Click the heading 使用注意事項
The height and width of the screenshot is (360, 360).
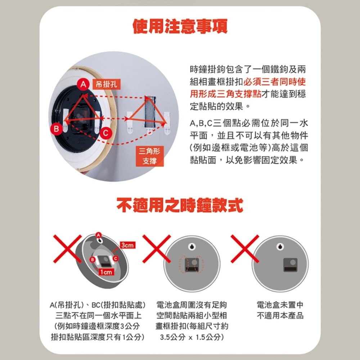(x=180, y=26)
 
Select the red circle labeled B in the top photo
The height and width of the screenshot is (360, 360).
(x=56, y=128)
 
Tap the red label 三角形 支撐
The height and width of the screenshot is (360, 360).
(x=149, y=156)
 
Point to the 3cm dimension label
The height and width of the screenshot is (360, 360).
(x=127, y=245)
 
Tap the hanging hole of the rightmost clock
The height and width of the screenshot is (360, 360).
(x=280, y=248)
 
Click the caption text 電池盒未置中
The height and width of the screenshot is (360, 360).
(x=280, y=305)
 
